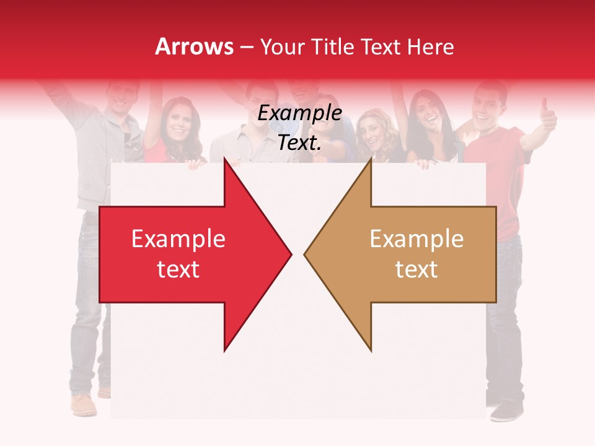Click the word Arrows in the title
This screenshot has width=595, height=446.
[x=194, y=46]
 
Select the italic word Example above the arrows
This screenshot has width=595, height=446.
[x=299, y=113]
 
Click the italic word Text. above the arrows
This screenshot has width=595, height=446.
[x=299, y=143]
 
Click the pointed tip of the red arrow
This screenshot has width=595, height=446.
[x=291, y=254]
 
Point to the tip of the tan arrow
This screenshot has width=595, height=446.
[x=305, y=254]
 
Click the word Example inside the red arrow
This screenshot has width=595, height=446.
[x=178, y=238]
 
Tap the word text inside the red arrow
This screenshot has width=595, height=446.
[x=178, y=269]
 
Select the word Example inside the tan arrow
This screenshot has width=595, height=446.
[x=416, y=238]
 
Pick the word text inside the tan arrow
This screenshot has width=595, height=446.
[x=416, y=269]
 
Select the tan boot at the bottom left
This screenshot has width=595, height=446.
[x=83, y=404]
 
